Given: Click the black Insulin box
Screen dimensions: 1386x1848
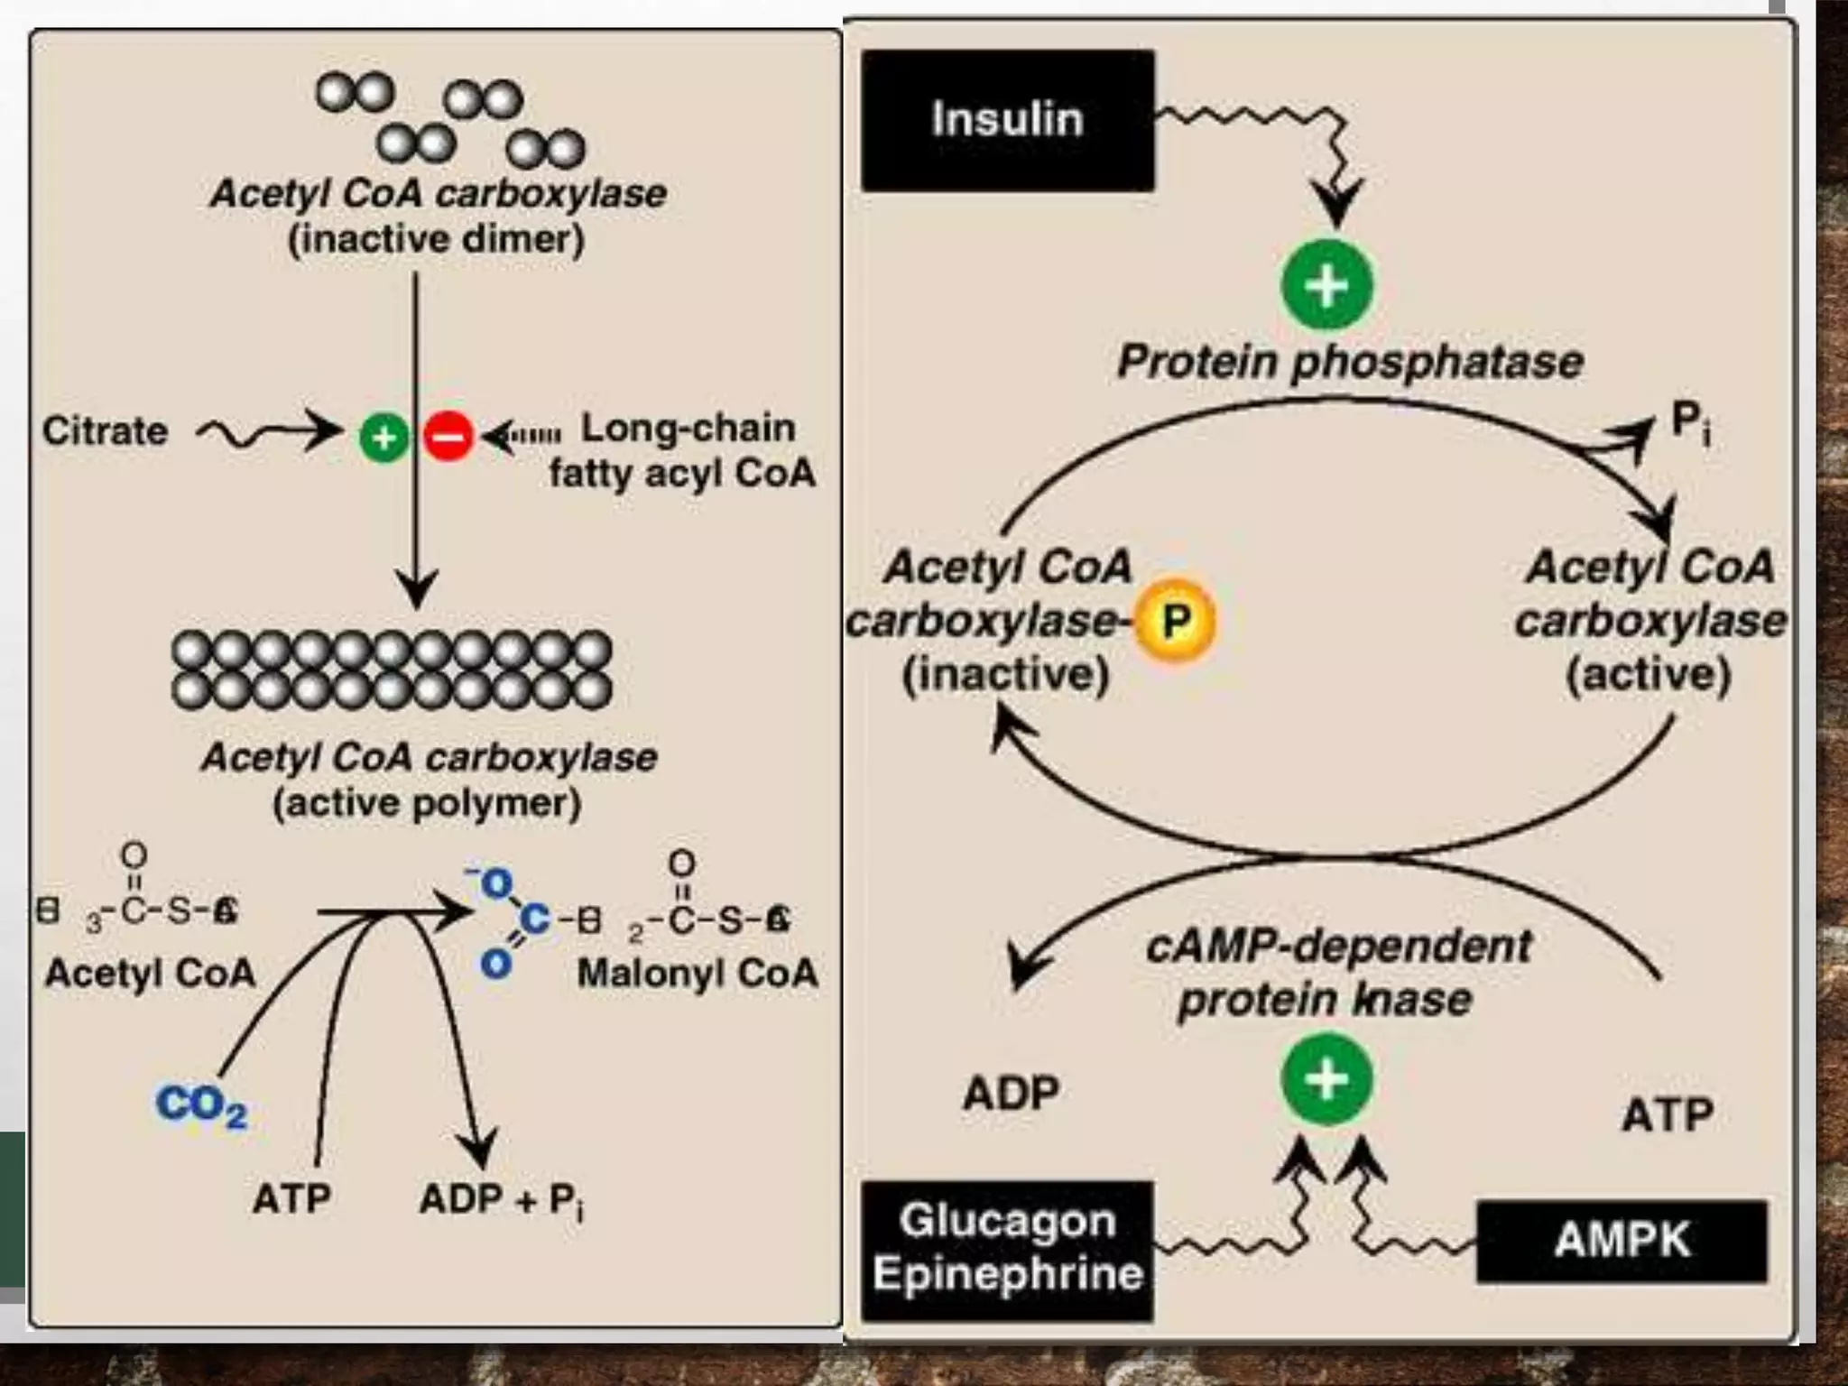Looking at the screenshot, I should click(x=1007, y=120).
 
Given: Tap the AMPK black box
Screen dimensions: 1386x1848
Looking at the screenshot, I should click(x=1621, y=1241).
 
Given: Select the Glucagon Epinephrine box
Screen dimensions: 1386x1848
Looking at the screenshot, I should click(x=1007, y=1250).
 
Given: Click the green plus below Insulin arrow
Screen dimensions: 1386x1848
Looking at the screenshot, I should click(x=1326, y=285).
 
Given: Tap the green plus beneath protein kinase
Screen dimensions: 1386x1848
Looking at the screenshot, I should click(x=1326, y=1079).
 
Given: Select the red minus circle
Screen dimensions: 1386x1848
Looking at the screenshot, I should click(x=448, y=437).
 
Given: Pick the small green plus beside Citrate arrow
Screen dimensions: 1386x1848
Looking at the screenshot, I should click(x=384, y=438).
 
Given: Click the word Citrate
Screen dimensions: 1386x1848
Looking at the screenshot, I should click(x=105, y=431).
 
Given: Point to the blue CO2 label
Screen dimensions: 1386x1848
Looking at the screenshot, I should click(x=200, y=1104).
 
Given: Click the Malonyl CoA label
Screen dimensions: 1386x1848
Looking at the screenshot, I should click(x=697, y=973).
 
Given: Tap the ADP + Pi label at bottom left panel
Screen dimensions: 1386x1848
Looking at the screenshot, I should click(x=502, y=1200).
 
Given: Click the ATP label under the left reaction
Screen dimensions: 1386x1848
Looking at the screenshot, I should click(x=291, y=1199).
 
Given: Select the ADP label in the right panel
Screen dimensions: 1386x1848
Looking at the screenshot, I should click(x=1011, y=1094).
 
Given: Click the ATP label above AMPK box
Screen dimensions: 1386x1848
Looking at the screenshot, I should click(x=1668, y=1115).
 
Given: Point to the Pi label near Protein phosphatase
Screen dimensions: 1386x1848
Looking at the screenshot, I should click(x=1689, y=422).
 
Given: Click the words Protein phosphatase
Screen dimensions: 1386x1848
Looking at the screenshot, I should click(x=1350, y=362).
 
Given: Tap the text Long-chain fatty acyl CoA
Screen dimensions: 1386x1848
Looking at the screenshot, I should click(x=683, y=450).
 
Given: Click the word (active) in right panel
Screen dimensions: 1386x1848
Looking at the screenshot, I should click(x=1648, y=675).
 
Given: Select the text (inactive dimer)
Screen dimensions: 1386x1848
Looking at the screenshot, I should click(x=436, y=240).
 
